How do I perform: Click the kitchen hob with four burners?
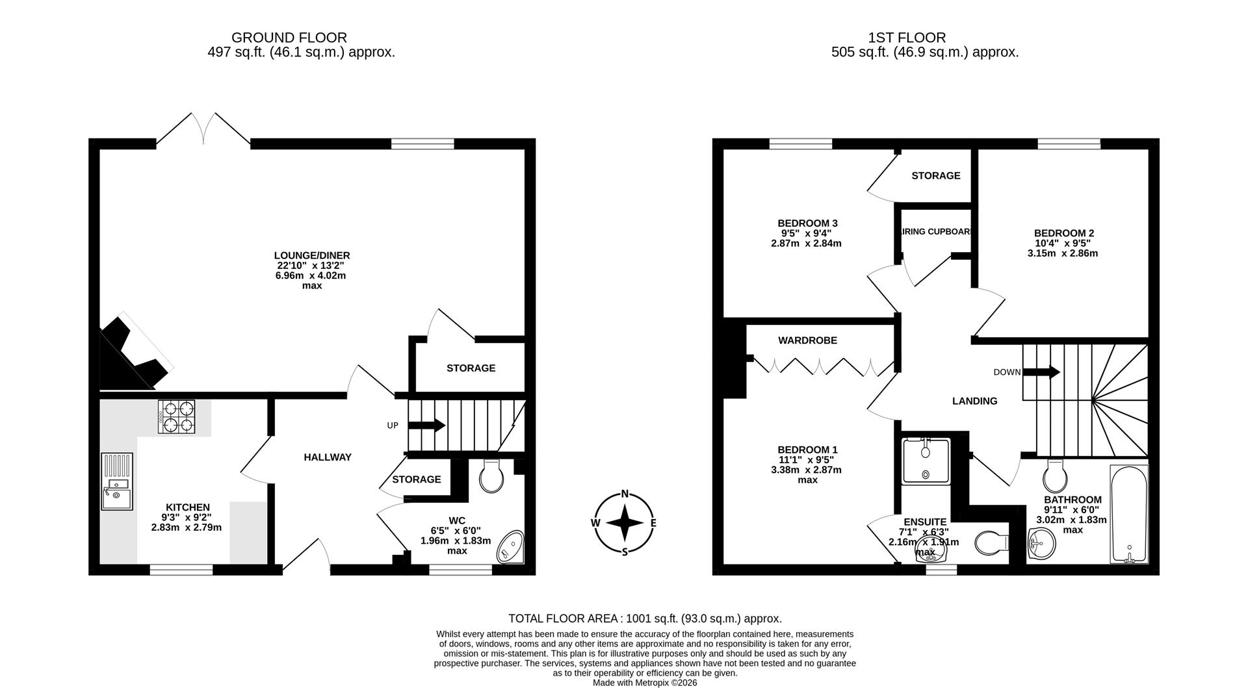177,417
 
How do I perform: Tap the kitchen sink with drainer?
117,481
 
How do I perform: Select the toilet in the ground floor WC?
491,477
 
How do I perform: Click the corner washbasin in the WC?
511,547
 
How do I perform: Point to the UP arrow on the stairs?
426,426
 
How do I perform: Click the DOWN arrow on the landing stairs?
1041,372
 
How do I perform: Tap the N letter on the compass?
625,494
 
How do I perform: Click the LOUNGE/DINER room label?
312,255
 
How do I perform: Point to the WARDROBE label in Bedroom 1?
807,340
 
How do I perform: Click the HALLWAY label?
328,457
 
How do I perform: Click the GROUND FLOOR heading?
289,38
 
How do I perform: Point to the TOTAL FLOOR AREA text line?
645,618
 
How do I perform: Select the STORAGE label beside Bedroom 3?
935,175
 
